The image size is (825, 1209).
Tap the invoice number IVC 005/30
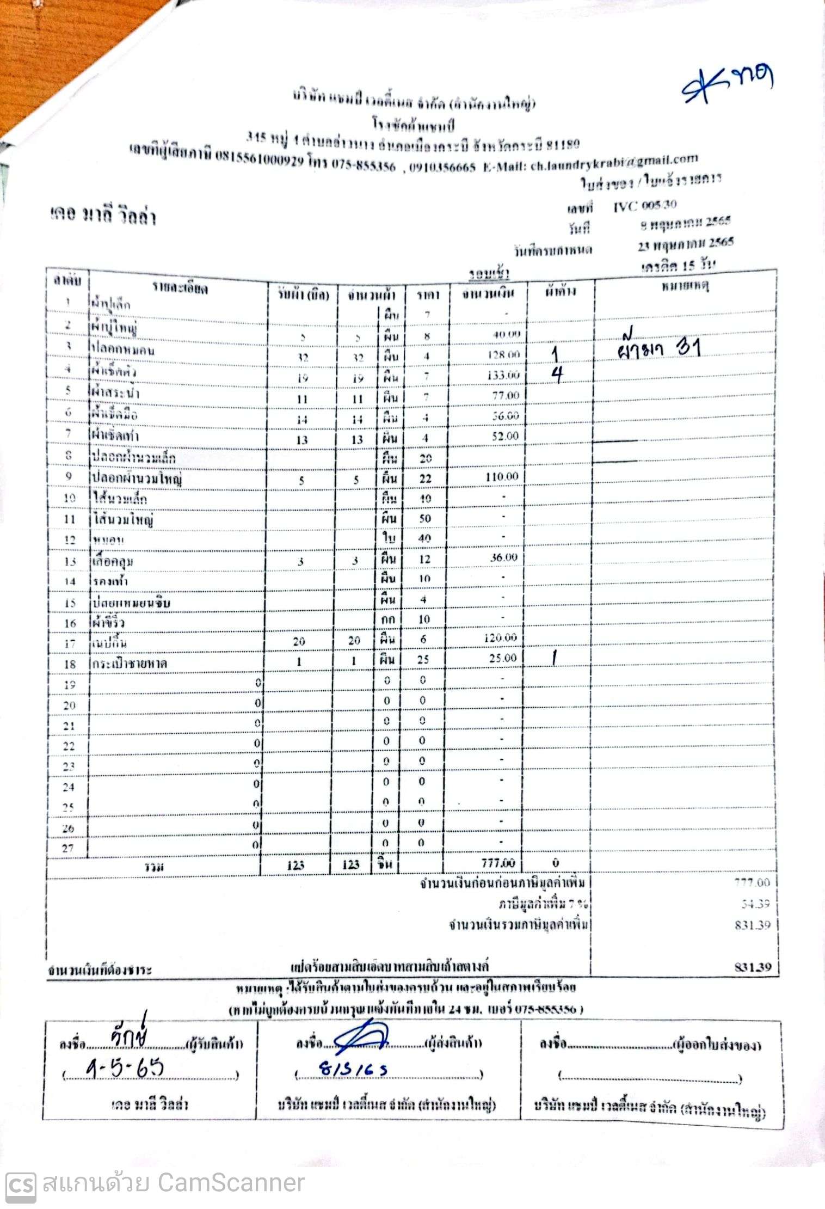645,205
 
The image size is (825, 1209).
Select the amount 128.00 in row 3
503,354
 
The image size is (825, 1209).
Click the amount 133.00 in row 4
503,375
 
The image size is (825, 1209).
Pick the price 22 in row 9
425,478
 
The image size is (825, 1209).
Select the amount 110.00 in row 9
502,477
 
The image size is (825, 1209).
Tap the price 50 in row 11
424,519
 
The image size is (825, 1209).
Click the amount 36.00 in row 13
503,557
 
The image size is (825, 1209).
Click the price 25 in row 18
423,659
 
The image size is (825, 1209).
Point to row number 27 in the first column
68,848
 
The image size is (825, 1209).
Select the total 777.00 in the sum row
498,863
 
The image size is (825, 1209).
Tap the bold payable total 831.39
753,967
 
